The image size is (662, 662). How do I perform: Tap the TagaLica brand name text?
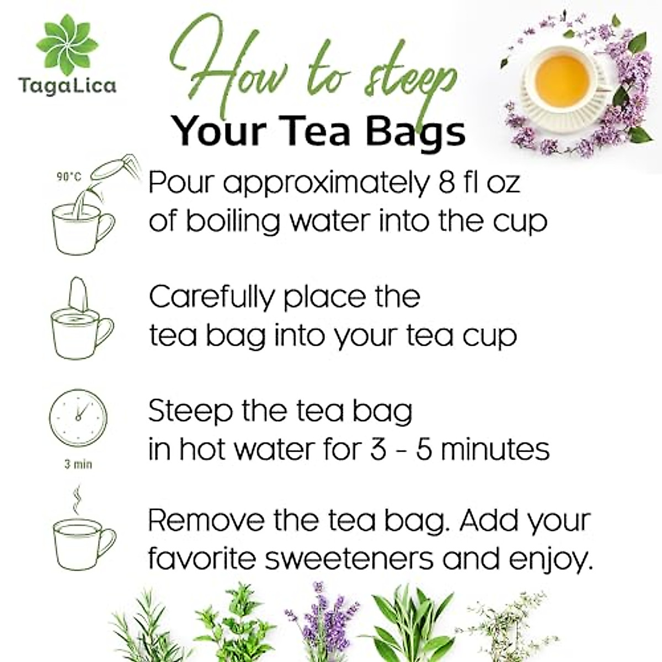click(x=67, y=86)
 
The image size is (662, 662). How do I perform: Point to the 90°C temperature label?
click(x=69, y=177)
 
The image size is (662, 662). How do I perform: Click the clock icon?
click(x=78, y=418)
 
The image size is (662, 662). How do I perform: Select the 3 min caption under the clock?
click(x=78, y=465)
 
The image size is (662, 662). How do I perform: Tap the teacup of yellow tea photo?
click(x=559, y=83)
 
